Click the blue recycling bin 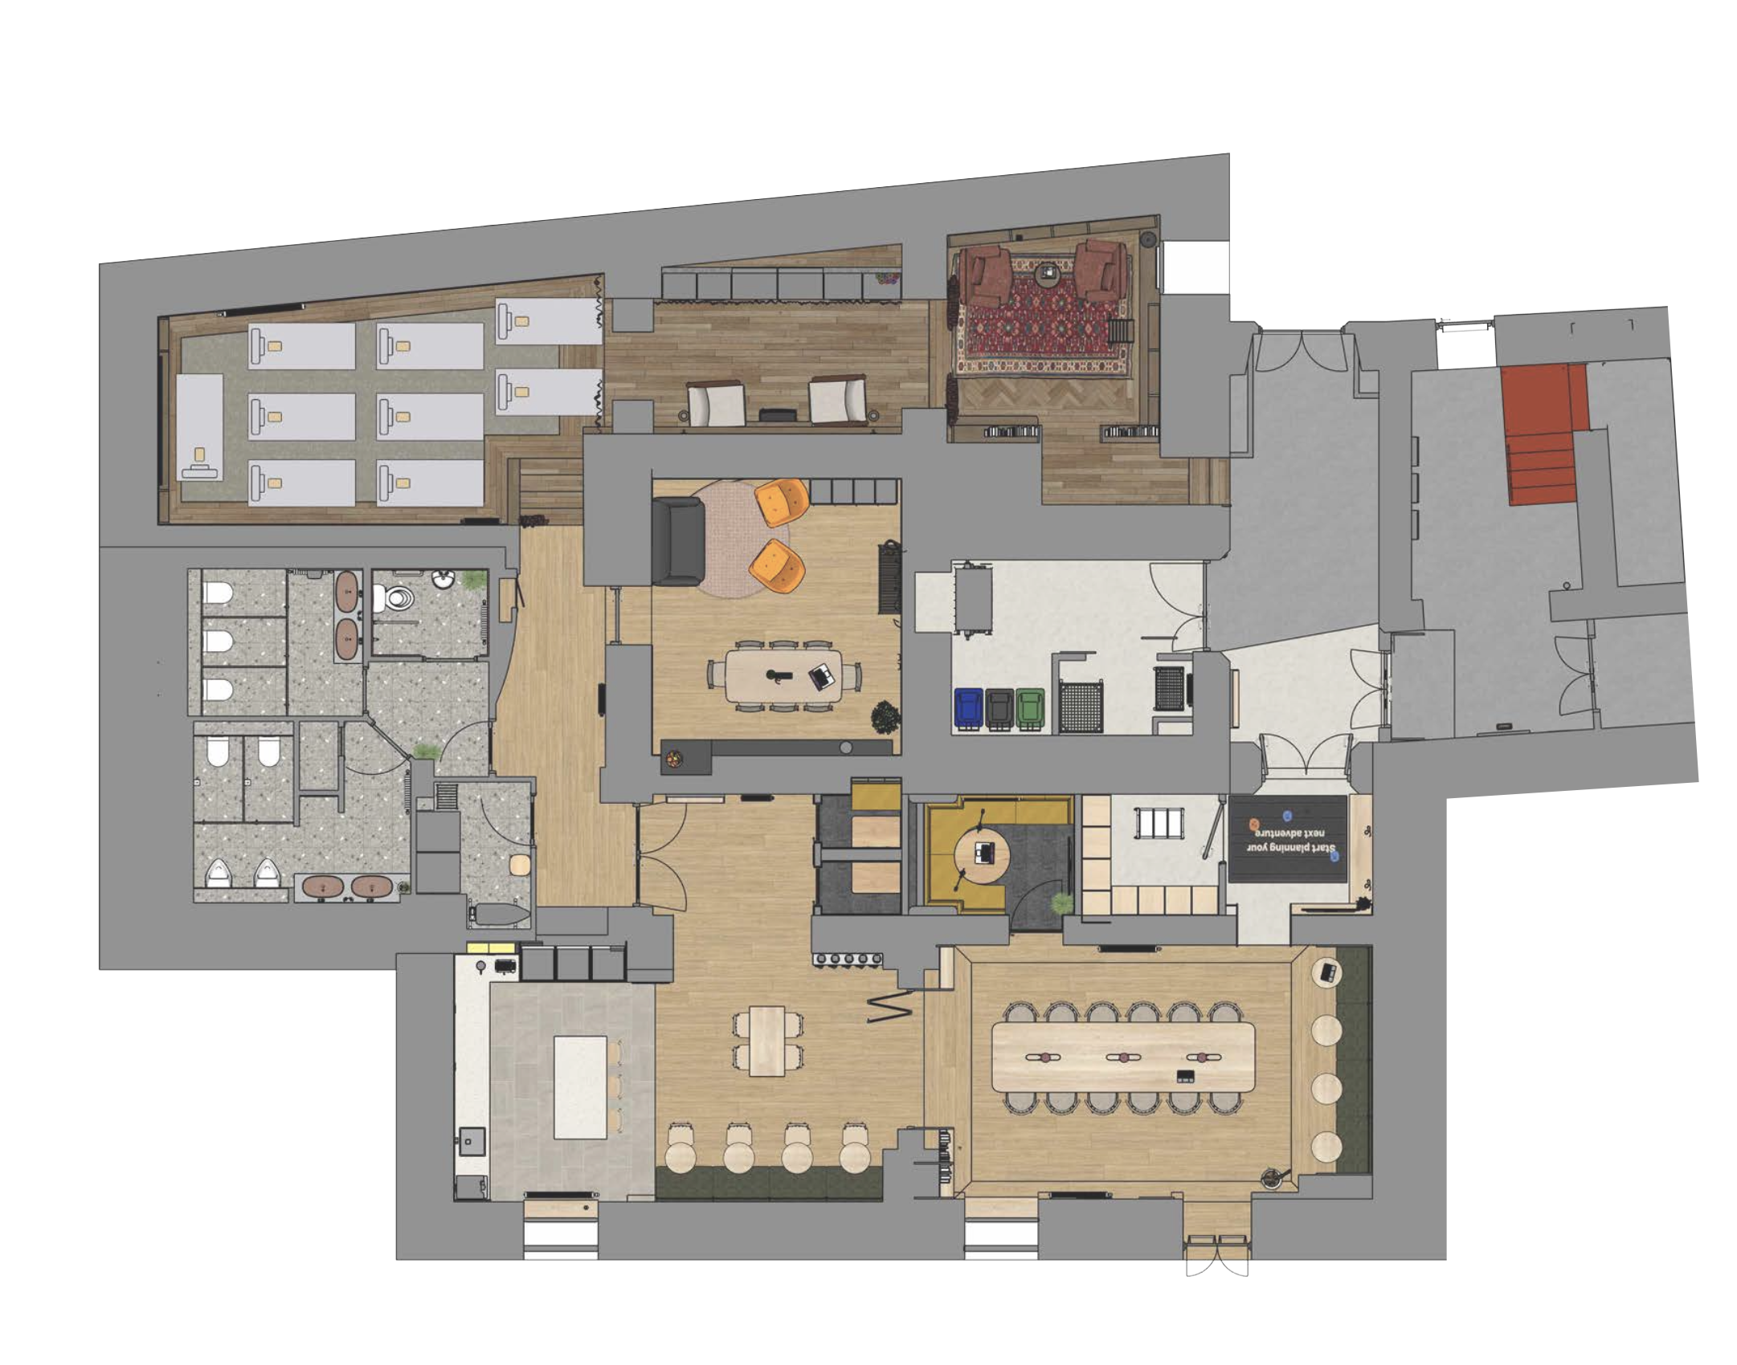pos(968,708)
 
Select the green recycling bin pos(1030,708)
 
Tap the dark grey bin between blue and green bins pos(999,708)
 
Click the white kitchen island pos(580,1087)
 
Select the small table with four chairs pos(767,1041)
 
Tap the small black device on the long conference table pos(1183,1076)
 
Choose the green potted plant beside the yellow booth pos(1061,903)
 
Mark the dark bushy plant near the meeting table pos(885,716)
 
